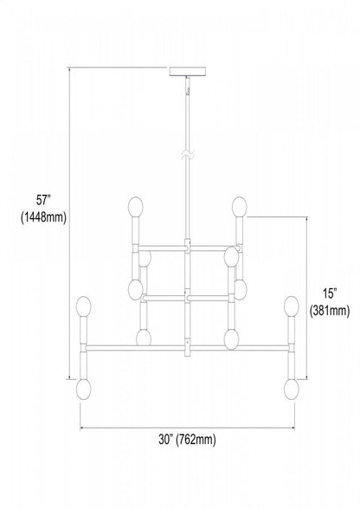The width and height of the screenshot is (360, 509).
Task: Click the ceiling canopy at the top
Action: pos(187,71)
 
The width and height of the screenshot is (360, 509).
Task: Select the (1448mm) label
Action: pos(43,217)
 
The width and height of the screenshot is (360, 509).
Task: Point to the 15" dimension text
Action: pos(329,293)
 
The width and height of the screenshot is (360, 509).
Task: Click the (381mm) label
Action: pos(330,312)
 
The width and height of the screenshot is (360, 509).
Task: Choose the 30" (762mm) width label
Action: pos(187,440)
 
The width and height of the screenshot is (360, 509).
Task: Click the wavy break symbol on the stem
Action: pos(187,155)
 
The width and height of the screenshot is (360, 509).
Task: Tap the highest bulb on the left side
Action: pos(135,207)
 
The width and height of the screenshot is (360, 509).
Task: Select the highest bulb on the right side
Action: pos(239,207)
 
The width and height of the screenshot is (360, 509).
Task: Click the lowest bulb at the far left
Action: pos(83,390)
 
